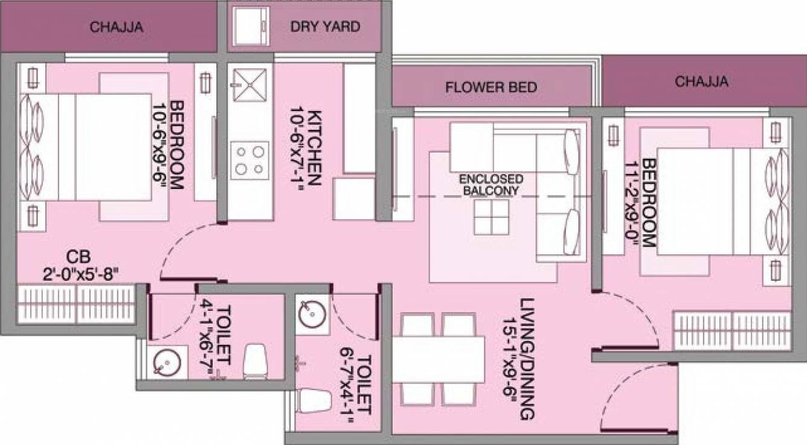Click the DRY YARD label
point(325,27)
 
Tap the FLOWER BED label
point(490,88)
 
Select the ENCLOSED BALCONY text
point(491,185)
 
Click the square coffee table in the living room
point(491,217)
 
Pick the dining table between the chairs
point(439,359)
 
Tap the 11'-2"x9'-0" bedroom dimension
point(641,203)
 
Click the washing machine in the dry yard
point(248,27)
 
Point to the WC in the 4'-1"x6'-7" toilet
point(255,362)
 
